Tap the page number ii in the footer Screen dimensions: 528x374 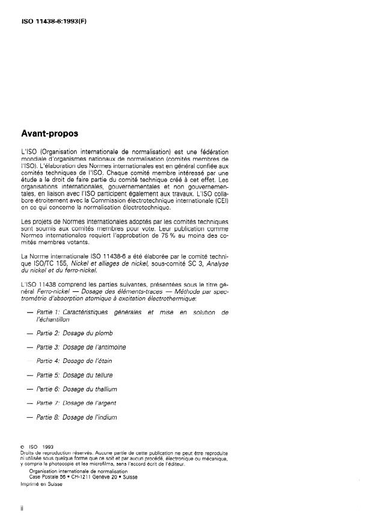point(22,508)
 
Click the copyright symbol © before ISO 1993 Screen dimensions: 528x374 point(22,447)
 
